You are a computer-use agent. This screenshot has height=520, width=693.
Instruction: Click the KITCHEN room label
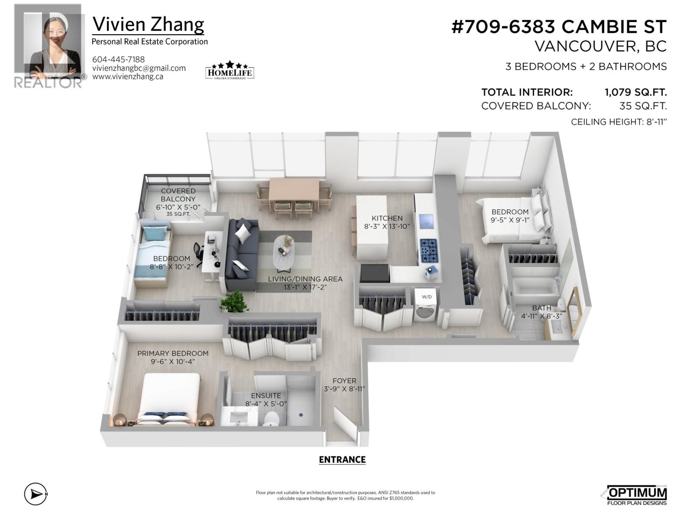[x=387, y=218]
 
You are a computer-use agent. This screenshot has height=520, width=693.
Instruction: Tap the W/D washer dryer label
[x=427, y=297]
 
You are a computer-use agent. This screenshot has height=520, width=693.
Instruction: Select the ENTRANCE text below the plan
[x=342, y=460]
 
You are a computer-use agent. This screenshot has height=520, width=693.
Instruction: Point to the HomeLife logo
[x=229, y=70]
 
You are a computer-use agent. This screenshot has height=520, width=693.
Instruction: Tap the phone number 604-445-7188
[x=118, y=59]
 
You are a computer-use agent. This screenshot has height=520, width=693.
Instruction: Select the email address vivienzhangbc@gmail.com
[x=139, y=68]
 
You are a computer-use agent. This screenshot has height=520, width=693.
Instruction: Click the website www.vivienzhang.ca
[x=127, y=77]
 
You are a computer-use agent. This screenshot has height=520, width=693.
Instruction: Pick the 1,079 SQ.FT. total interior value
[x=635, y=92]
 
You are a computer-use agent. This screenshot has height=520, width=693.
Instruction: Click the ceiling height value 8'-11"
[x=655, y=122]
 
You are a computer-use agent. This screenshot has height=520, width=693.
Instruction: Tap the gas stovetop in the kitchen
[x=429, y=250]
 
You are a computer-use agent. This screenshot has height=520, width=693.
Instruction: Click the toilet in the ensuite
[x=272, y=419]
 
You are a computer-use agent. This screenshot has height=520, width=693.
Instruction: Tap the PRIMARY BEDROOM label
[x=173, y=354]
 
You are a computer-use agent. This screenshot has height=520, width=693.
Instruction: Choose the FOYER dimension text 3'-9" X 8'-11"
[x=344, y=389]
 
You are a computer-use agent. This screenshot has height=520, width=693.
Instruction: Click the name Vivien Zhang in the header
[x=148, y=24]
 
